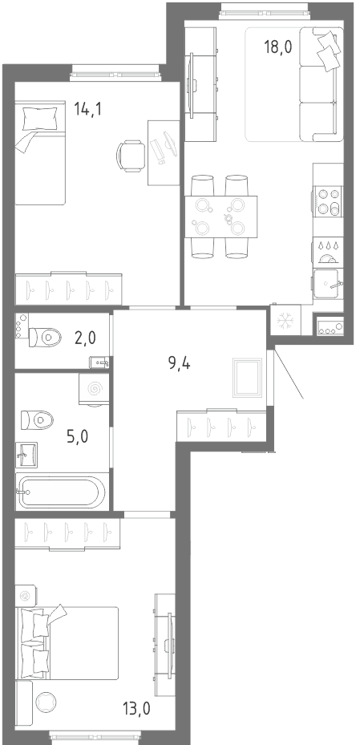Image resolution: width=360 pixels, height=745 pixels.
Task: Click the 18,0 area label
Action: (x=278, y=47)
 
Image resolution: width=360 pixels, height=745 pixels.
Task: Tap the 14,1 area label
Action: (x=88, y=109)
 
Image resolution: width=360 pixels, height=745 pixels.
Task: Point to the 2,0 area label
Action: (x=85, y=338)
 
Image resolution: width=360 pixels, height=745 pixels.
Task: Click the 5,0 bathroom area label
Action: (x=78, y=435)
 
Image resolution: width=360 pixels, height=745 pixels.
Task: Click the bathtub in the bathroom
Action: (x=62, y=492)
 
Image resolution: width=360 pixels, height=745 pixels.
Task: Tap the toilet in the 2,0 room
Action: (x=45, y=338)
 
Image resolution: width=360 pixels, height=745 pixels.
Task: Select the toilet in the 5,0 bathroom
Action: (x=37, y=420)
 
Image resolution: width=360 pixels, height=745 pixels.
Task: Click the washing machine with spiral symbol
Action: (x=94, y=390)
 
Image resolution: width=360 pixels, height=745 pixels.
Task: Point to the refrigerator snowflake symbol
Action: (x=285, y=321)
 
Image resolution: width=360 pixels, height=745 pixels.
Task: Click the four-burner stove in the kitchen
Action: (x=329, y=202)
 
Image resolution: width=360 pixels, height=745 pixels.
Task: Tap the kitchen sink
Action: (x=328, y=284)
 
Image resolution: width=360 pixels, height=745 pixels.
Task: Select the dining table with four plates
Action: (x=220, y=217)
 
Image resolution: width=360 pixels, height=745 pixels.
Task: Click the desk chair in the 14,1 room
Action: (x=131, y=156)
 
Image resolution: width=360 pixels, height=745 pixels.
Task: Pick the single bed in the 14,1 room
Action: (x=40, y=152)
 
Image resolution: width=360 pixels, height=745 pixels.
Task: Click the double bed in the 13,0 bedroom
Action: (x=67, y=643)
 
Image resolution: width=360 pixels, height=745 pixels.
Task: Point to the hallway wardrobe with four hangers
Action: (x=222, y=425)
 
